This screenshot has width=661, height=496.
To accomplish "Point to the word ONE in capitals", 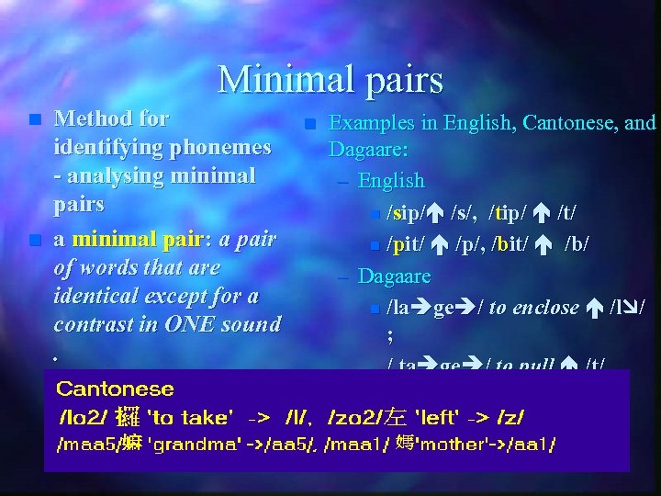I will (197, 324).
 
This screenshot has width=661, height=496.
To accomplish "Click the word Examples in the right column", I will (374, 122).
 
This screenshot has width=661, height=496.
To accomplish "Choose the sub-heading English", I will (391, 180).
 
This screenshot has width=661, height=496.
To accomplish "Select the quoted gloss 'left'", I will (439, 418).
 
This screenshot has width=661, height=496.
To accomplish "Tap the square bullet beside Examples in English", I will (309, 123).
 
